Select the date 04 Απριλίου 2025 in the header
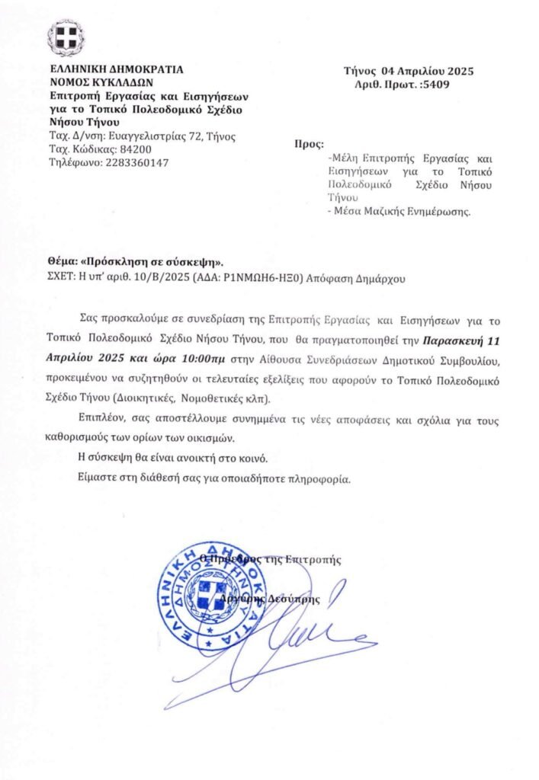(427, 72)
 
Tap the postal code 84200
(112, 149)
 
